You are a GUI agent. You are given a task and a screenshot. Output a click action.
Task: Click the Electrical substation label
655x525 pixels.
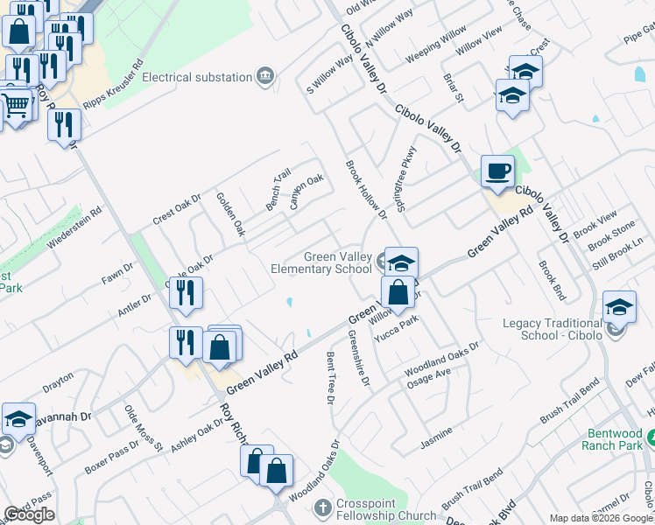click(x=197, y=77)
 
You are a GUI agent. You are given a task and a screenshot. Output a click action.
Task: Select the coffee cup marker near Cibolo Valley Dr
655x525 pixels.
click(x=498, y=171)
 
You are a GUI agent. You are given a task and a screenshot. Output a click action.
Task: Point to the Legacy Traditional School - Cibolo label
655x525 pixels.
click(x=553, y=329)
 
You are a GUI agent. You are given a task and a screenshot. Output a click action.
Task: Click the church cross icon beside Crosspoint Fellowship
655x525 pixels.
click(x=322, y=507)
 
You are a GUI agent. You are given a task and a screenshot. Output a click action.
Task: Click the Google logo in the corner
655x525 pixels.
click(x=29, y=514)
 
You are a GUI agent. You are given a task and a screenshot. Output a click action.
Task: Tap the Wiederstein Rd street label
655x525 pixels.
click(x=76, y=228)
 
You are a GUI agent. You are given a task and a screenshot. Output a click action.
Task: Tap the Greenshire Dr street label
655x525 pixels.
click(x=360, y=356)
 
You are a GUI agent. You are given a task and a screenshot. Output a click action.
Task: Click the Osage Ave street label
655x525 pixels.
click(x=427, y=373)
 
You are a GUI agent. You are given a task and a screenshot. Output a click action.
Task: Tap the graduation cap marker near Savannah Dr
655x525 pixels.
click(x=18, y=419)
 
